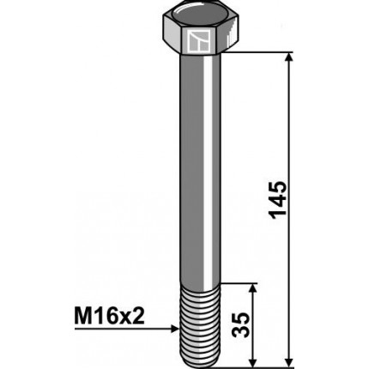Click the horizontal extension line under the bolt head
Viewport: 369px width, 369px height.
[x=257, y=52]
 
